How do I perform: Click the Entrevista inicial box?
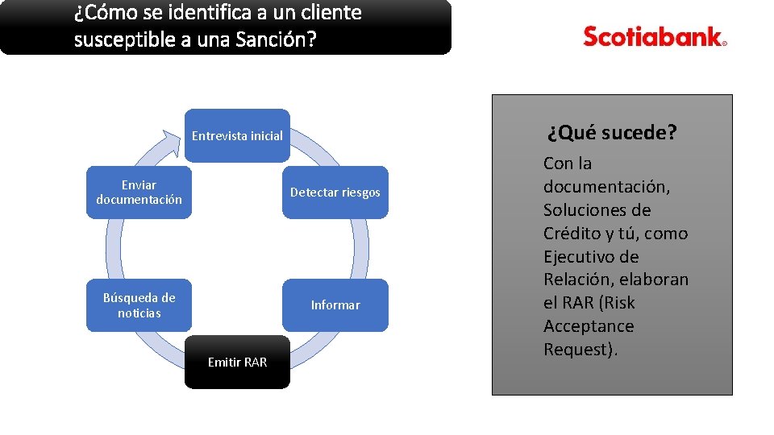click(237, 135)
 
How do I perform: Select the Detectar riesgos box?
click(335, 193)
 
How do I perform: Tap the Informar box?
click(335, 304)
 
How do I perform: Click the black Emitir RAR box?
click(237, 362)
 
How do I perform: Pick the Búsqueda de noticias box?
click(139, 304)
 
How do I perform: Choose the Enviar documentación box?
click(139, 193)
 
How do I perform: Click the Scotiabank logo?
click(655, 37)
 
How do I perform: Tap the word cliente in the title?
click(333, 13)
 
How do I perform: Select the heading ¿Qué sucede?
click(612, 132)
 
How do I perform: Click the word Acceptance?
click(589, 326)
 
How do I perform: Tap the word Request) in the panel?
click(580, 350)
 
